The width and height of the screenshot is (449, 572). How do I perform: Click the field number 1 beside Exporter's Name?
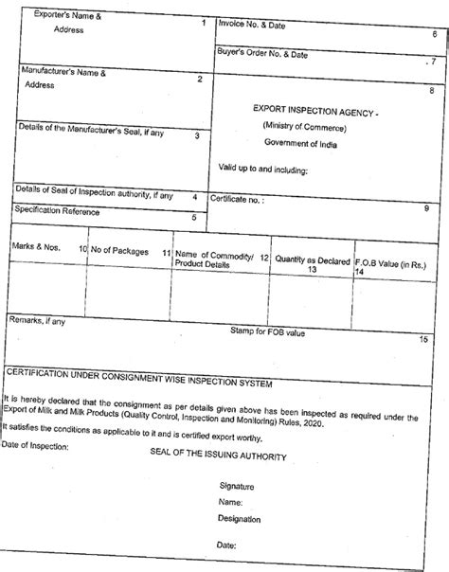205,19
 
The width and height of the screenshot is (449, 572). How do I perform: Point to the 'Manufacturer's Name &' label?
63,71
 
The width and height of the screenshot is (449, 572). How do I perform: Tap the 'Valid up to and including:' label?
263,170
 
